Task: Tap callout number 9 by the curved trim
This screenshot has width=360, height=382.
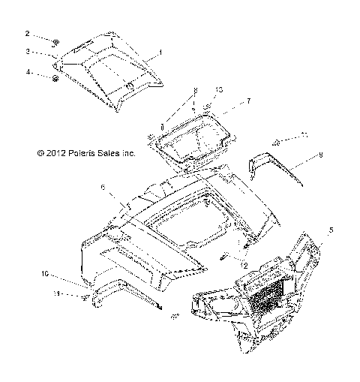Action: pyautogui.click(x=320, y=155)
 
